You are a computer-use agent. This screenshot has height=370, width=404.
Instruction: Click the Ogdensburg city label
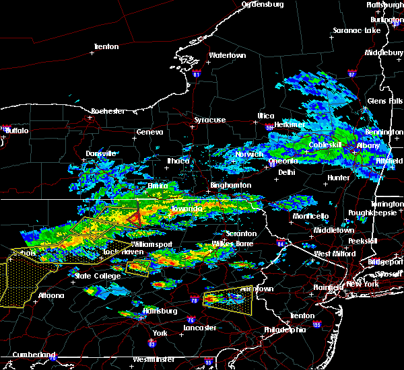(263, 4)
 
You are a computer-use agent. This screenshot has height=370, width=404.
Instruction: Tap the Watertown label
(226, 55)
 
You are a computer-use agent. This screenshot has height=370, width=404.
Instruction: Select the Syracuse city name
(210, 120)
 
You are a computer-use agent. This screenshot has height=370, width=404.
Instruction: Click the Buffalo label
(18, 131)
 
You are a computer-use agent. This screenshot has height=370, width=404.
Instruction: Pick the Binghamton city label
(230, 185)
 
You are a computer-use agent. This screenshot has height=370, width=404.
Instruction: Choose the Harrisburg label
(160, 311)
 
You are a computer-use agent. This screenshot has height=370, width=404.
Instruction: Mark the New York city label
(364, 285)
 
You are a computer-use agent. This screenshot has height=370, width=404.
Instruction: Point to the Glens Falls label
(382, 101)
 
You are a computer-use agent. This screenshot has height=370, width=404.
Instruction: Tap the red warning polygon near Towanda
(135, 217)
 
